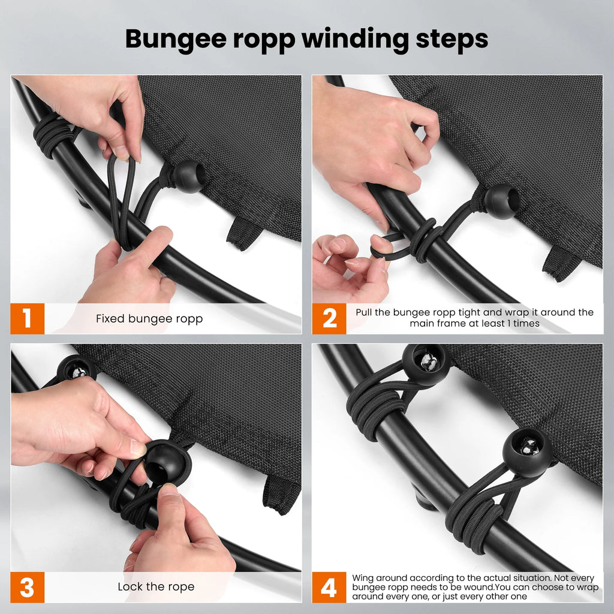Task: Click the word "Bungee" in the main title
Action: tap(176, 40)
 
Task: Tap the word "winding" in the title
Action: tap(356, 40)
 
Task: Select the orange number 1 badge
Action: tap(28, 318)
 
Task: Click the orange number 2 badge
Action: tap(329, 318)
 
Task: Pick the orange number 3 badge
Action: tap(28, 587)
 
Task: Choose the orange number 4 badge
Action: tap(329, 587)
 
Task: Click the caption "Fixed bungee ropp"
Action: tap(149, 319)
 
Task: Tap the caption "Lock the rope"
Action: tap(156, 586)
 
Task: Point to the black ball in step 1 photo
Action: tap(189, 176)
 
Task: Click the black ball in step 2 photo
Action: tap(502, 201)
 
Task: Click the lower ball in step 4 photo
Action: tap(527, 452)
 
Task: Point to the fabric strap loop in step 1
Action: tap(243, 234)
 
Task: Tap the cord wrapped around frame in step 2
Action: tap(424, 240)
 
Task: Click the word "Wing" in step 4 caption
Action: tap(363, 579)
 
